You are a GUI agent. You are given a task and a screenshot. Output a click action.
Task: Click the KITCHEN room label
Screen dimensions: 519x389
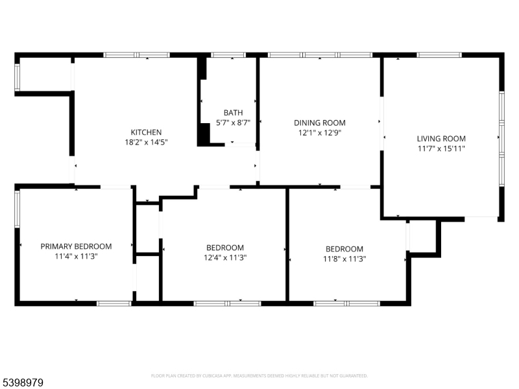tap(146, 132)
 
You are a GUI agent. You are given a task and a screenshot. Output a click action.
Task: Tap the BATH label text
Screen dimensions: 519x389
tap(233, 112)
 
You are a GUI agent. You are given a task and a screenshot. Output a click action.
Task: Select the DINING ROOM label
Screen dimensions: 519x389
tap(320, 123)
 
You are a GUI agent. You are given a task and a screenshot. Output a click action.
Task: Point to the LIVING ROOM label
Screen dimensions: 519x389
tap(441, 139)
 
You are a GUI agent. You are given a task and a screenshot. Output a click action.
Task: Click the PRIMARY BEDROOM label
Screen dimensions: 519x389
tap(76, 246)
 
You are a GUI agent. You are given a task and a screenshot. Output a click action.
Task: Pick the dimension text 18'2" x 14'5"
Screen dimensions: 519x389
tap(146, 142)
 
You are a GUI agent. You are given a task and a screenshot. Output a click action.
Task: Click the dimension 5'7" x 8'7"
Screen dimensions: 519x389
tap(233, 123)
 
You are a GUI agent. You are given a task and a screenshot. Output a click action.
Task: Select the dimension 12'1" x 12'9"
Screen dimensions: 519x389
tap(320, 133)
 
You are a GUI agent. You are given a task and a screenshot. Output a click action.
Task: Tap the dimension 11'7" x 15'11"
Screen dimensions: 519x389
tap(441, 148)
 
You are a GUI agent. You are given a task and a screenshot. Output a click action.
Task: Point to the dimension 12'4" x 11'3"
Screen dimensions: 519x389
tap(225, 257)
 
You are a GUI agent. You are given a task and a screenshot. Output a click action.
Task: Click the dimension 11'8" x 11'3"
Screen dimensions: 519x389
tap(344, 259)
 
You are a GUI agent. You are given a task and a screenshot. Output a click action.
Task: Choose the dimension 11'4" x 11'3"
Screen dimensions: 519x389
tap(76, 256)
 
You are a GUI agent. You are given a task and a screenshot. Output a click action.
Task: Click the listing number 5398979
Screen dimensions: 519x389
tap(22, 383)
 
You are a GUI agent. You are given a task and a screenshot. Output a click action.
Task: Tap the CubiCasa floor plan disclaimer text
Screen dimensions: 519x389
tap(259, 376)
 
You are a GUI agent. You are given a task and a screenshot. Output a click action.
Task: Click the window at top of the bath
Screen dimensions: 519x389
tap(228, 55)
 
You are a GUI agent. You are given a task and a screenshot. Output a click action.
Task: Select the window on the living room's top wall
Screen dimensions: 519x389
tap(439, 55)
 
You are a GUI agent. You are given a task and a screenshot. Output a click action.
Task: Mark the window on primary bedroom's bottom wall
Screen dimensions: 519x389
tap(114, 303)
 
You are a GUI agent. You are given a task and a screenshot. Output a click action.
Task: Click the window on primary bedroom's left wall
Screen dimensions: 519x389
tap(18, 209)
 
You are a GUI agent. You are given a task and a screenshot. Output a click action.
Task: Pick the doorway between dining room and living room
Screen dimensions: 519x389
tap(381, 123)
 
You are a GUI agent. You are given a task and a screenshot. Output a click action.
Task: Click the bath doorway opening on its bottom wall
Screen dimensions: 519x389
tap(240, 145)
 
